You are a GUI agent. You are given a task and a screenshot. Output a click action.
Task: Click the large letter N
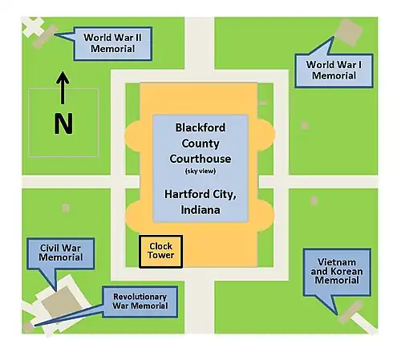63,123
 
